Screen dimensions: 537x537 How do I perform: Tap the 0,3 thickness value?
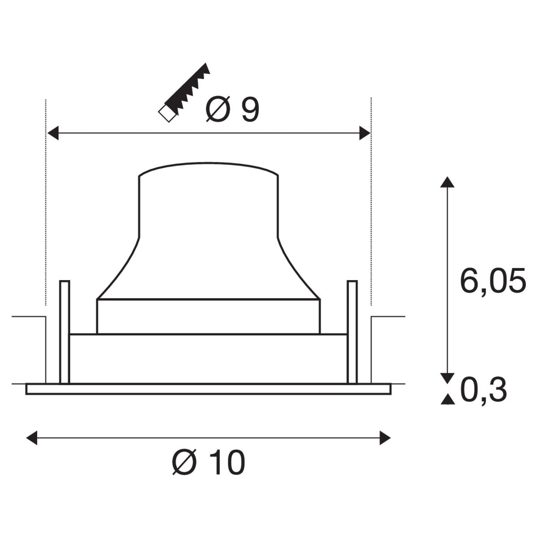click(x=483, y=390)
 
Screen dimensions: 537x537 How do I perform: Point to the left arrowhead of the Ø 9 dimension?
click(x=53, y=133)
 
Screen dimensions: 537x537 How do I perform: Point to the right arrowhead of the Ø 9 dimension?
click(x=365, y=133)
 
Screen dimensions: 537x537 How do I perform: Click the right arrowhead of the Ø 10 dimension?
click(x=385, y=438)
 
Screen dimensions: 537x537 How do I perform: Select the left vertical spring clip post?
click(x=64, y=331)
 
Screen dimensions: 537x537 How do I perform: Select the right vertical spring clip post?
click(x=352, y=331)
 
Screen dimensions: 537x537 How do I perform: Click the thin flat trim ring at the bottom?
click(x=209, y=389)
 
